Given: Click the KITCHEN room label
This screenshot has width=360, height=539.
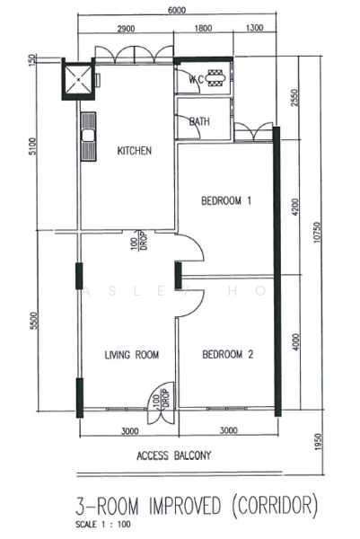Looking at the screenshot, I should pyautogui.click(x=135, y=151).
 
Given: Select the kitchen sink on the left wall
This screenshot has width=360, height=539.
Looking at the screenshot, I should pyautogui.click(x=89, y=137).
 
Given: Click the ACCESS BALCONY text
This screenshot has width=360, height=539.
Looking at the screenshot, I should pyautogui.click(x=174, y=455).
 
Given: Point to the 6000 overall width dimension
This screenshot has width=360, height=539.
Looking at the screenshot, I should pyautogui.click(x=176, y=10).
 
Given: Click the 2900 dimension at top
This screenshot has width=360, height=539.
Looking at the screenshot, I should pyautogui.click(x=126, y=29).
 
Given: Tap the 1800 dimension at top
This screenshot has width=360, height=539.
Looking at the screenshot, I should pyautogui.click(x=204, y=29).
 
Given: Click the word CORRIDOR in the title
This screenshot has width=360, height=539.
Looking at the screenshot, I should pyautogui.click(x=274, y=506).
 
